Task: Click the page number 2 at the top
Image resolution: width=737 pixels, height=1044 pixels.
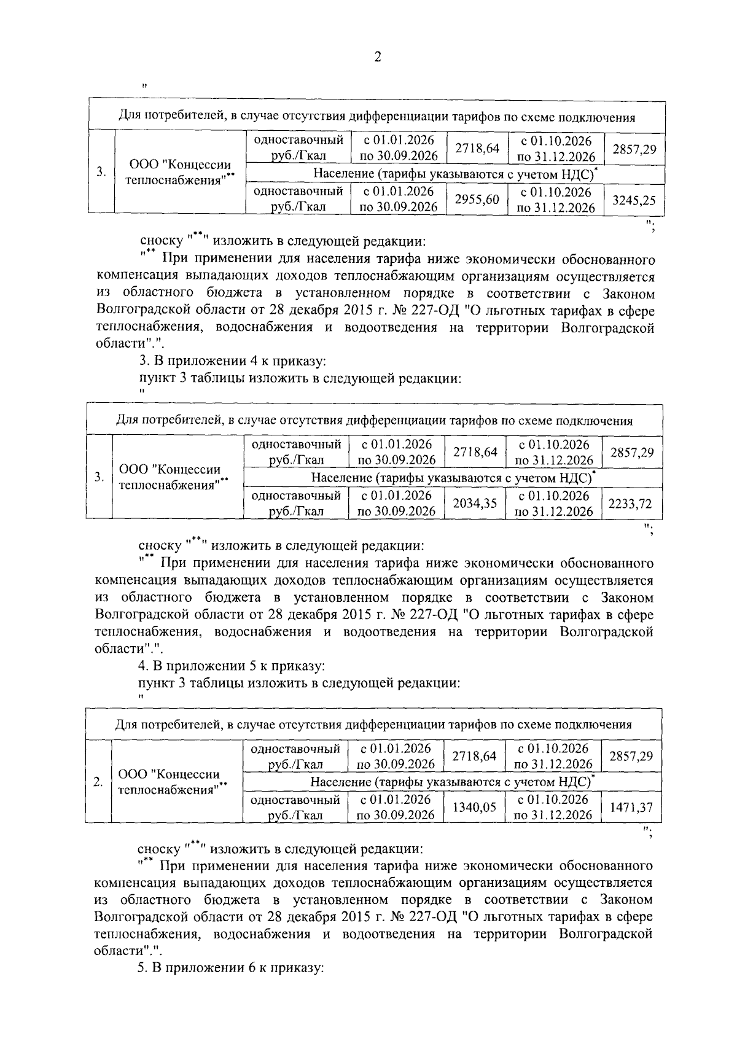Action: coord(377,57)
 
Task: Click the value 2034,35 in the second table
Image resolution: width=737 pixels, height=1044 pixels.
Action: coord(475,504)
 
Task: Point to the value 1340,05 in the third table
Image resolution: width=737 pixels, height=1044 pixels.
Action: coord(474,808)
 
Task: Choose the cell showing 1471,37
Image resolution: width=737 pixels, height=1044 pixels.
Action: coord(631,808)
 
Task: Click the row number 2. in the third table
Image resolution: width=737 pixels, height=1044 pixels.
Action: coord(98,782)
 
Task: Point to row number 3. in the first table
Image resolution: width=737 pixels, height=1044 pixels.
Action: coord(101,172)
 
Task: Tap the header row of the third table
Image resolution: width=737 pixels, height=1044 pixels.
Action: coord(373,724)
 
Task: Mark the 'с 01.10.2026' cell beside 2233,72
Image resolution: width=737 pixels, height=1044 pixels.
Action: coord(553,504)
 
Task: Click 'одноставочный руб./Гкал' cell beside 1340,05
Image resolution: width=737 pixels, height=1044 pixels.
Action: coord(296,808)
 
